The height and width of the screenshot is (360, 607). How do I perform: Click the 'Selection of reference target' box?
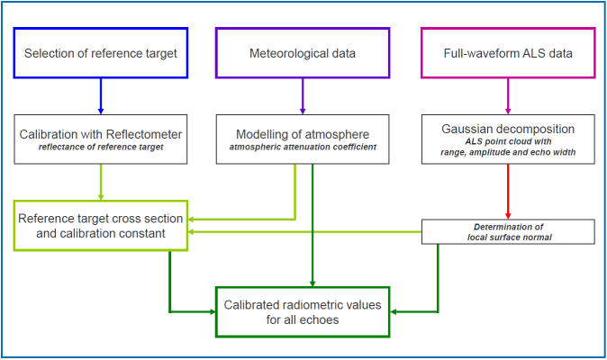(101, 53)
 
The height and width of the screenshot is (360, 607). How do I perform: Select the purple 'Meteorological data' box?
(302, 53)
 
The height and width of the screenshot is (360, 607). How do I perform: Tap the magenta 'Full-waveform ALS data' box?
(509, 53)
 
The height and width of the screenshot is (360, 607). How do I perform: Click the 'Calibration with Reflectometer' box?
(101, 139)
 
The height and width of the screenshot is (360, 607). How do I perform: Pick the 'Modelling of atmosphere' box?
(302, 139)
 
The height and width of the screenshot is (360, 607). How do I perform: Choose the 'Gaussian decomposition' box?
(509, 139)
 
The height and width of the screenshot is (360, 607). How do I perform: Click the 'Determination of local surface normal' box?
(509, 231)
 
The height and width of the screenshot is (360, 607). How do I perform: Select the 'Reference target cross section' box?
(101, 226)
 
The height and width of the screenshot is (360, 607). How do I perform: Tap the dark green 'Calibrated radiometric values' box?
(302, 311)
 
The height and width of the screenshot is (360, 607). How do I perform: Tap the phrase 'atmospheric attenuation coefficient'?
(302, 148)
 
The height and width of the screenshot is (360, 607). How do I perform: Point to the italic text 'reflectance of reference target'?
(101, 148)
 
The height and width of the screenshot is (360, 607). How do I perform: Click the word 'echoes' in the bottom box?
(340, 319)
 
